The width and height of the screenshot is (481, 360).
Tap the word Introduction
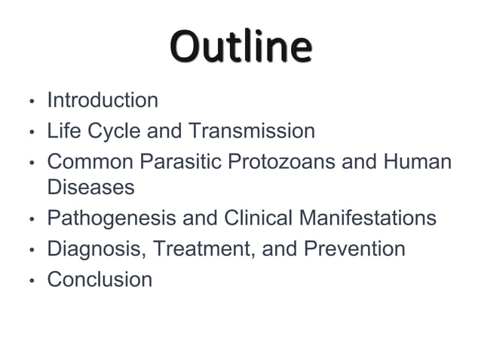click(103, 100)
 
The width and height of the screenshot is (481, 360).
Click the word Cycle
click(114, 131)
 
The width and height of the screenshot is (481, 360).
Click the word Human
click(417, 162)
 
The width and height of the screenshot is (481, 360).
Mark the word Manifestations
click(368, 218)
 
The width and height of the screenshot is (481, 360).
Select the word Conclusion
click(100, 280)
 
